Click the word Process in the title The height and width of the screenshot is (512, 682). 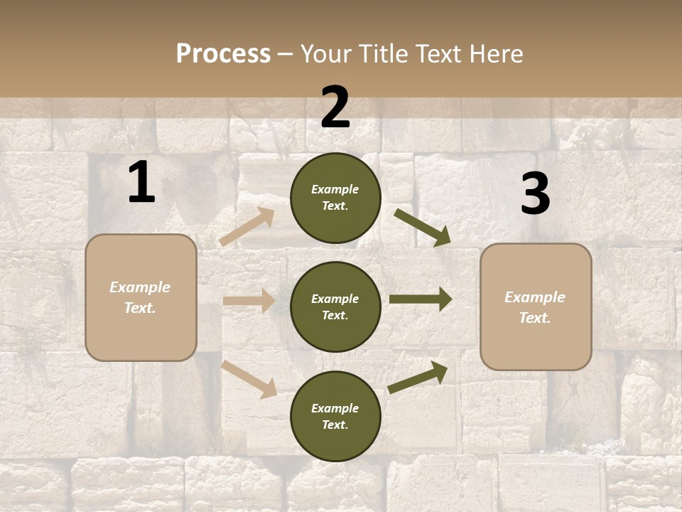[223, 54]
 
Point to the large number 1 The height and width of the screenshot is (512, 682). [141, 183]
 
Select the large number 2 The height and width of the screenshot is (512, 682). [335, 107]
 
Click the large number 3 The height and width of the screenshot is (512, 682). [535, 194]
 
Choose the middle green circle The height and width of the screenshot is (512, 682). [335, 307]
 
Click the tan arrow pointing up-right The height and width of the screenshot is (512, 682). [247, 227]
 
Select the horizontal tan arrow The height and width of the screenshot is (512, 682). [249, 301]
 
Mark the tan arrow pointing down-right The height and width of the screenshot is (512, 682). [249, 379]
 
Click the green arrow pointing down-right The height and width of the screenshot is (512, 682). [422, 227]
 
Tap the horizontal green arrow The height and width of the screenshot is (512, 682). [421, 299]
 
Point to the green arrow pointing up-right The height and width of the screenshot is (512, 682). [418, 377]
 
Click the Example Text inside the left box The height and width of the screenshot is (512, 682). [140, 297]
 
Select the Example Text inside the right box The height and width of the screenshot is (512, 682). [535, 307]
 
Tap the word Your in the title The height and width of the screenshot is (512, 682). [327, 54]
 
